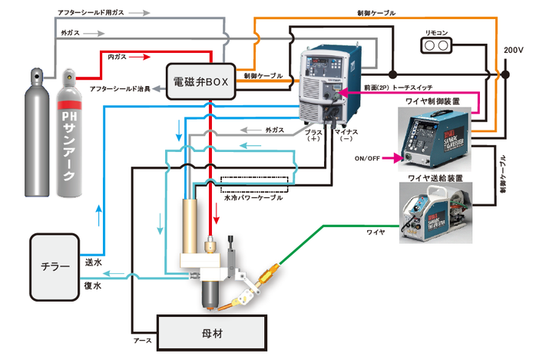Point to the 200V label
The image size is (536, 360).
pos(512,50)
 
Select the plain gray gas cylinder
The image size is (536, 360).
pos(35,138)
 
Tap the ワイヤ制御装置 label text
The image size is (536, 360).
pos(433,101)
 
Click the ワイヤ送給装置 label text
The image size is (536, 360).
pos(433,177)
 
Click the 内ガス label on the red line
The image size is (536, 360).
pos(117,57)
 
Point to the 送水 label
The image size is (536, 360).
pos(91,261)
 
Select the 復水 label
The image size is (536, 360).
pos(91,285)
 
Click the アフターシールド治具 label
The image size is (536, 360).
pos(117,90)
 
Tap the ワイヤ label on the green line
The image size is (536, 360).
pos(375,230)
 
